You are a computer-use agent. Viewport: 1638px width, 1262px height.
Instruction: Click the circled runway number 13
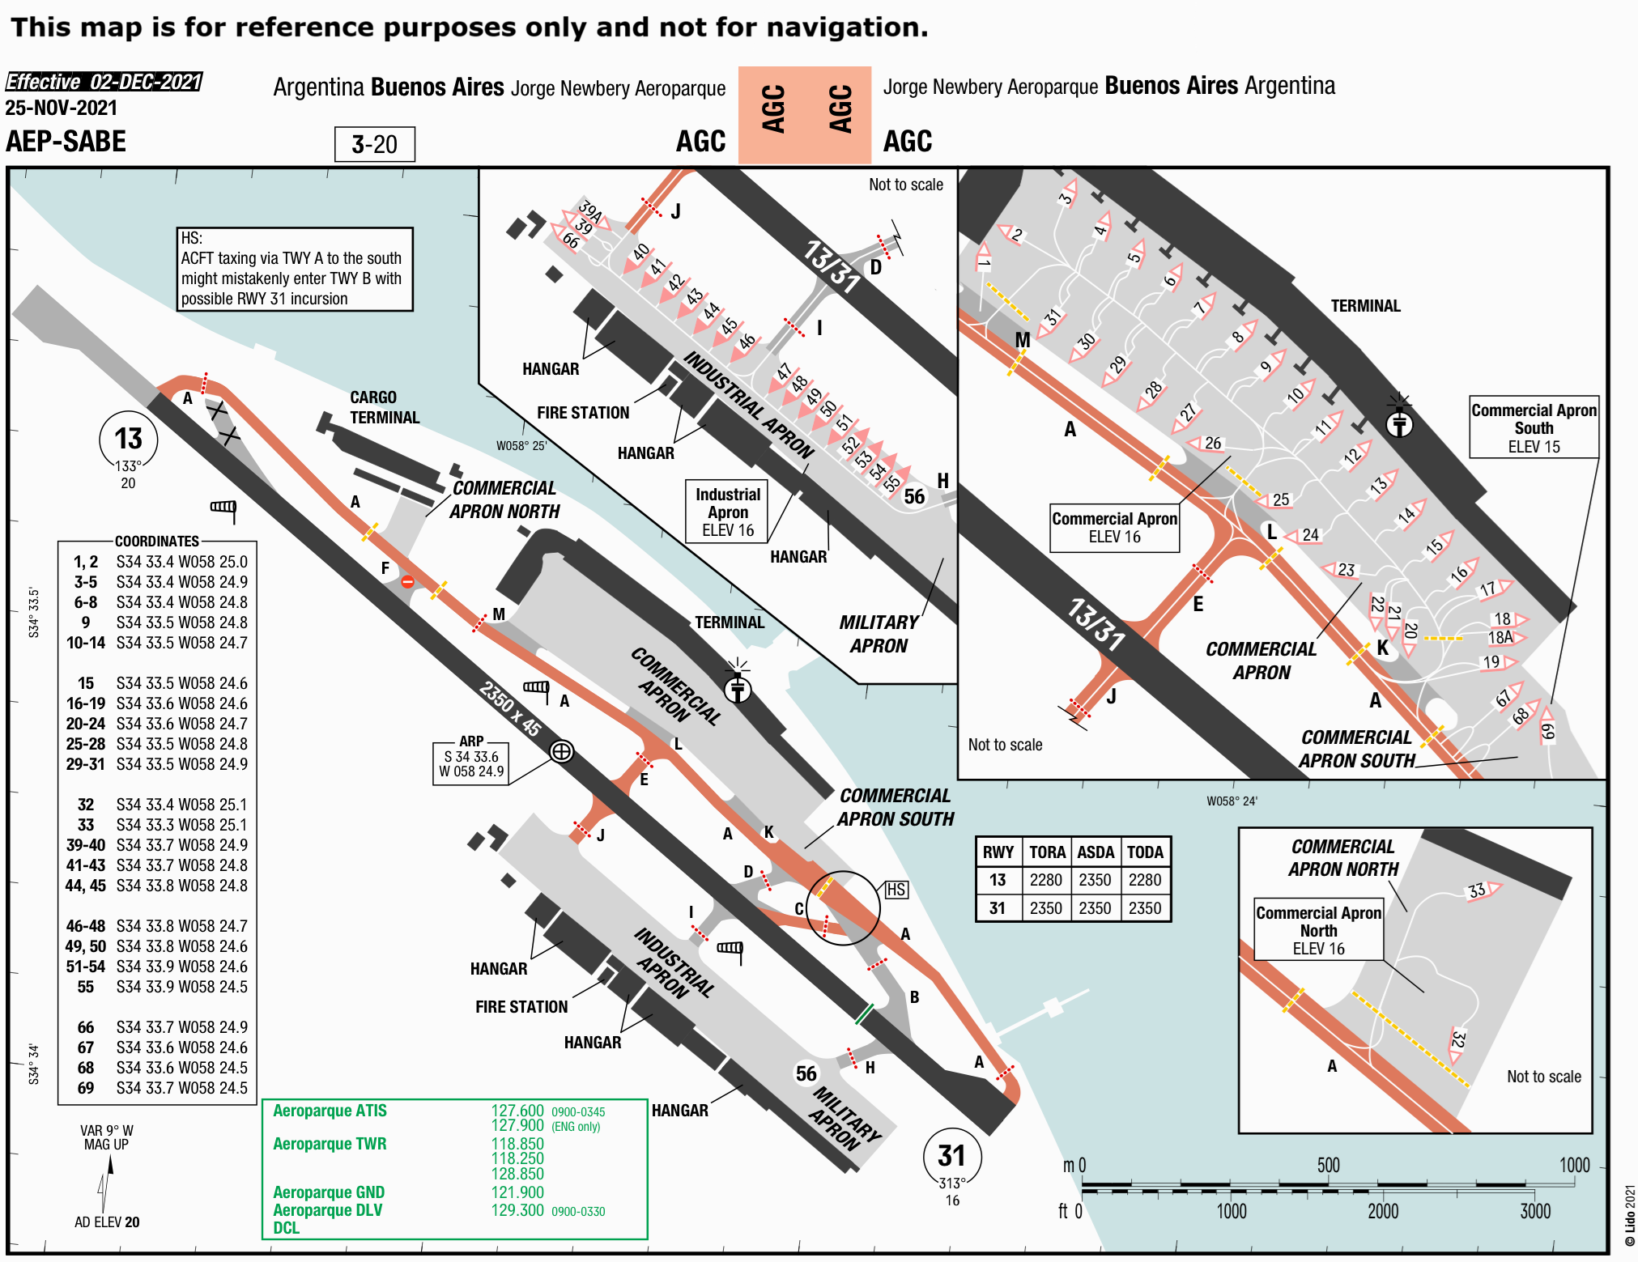click(128, 439)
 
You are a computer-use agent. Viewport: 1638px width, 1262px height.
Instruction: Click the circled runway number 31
click(951, 1155)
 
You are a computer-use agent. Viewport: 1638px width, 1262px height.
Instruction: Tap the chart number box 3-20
click(374, 145)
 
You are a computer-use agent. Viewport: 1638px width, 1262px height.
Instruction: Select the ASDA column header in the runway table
click(1095, 852)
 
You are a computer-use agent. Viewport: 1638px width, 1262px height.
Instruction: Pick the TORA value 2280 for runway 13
click(1045, 880)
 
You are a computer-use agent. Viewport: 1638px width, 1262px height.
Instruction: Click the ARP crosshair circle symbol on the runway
click(561, 751)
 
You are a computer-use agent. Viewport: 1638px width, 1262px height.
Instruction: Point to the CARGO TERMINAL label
click(384, 407)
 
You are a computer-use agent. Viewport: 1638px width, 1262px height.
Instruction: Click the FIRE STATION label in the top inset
click(583, 413)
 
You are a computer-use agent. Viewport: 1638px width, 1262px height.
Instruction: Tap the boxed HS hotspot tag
click(896, 890)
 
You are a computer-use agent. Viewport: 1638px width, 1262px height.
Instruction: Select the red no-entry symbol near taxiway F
click(408, 581)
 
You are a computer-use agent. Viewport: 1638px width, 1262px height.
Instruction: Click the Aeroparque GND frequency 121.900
click(517, 1192)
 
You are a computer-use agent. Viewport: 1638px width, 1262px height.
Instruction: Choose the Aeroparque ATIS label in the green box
click(330, 1111)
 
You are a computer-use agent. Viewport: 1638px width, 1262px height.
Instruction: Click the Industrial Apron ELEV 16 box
click(728, 512)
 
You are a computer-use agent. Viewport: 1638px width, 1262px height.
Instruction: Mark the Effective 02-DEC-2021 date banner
click(104, 82)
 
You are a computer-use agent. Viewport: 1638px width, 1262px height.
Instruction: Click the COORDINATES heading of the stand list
click(157, 541)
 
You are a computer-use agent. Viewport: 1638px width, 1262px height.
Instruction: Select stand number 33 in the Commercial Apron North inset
click(1477, 890)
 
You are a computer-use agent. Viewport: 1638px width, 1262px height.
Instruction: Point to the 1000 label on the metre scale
click(1574, 1165)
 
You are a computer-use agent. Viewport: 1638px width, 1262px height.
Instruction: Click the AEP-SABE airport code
click(66, 142)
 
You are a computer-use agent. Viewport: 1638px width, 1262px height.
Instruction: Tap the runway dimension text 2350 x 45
click(509, 707)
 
